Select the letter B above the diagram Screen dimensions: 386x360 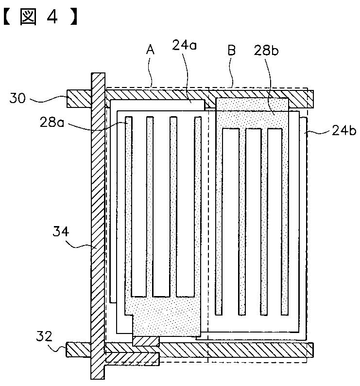(232, 51)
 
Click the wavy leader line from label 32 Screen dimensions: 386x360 (60, 346)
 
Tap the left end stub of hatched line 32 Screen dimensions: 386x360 (78, 349)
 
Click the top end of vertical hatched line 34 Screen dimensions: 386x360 (98, 78)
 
